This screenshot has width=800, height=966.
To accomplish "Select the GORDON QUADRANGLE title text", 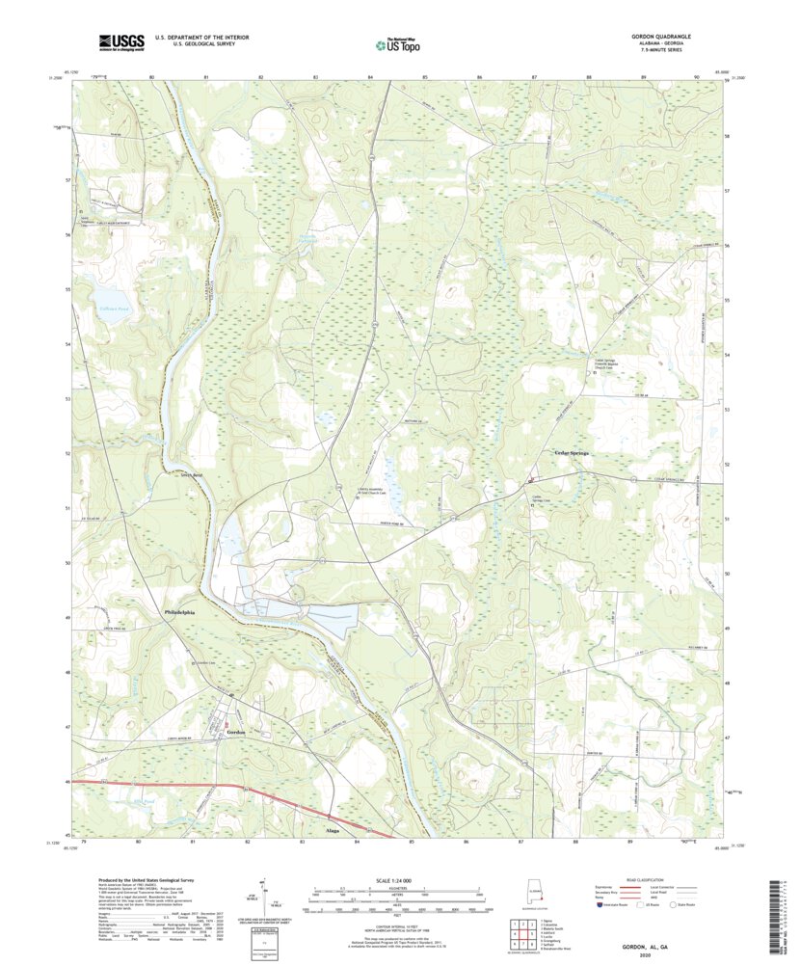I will tap(661, 36).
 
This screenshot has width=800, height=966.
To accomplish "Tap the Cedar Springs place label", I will tap(571, 453).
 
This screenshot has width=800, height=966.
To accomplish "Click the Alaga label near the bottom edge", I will tap(333, 828).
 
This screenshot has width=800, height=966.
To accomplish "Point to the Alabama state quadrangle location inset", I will tap(537, 893).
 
